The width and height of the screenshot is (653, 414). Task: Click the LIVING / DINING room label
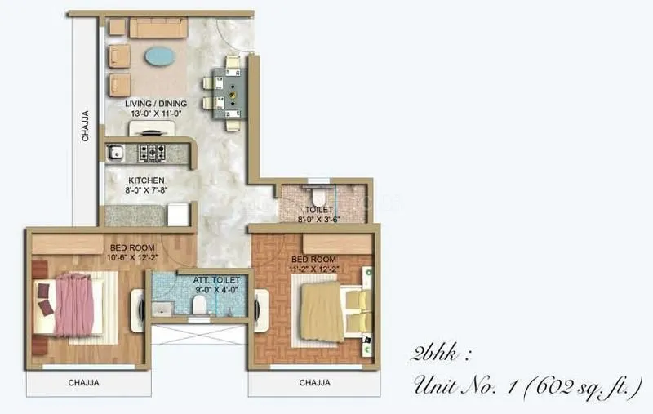click(156, 104)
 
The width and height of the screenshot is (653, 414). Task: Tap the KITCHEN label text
click(147, 180)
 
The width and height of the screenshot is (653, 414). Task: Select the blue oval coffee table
click(158, 56)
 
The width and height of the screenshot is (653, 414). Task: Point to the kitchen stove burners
click(152, 151)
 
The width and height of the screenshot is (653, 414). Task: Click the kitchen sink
click(116, 151)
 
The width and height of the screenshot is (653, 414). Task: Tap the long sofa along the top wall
click(158, 28)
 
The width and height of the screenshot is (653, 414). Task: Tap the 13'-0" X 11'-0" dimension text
click(156, 114)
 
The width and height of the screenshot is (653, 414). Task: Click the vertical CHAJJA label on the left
click(86, 126)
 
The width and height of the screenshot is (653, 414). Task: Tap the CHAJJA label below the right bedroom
click(314, 382)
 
